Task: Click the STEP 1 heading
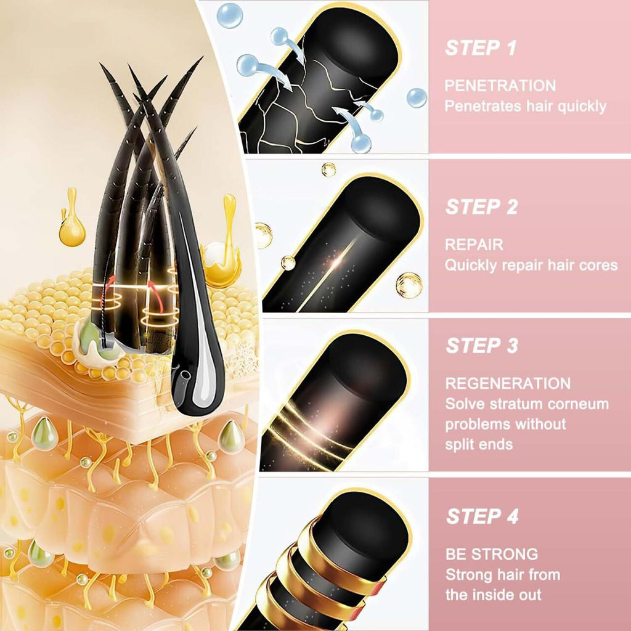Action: tap(481, 48)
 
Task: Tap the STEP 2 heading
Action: tap(481, 207)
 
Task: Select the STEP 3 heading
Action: tap(481, 346)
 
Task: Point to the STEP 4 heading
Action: tap(482, 516)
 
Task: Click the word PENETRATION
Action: tap(500, 86)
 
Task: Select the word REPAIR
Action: tap(474, 245)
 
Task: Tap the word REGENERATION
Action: tap(508, 383)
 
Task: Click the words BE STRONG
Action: tap(491, 554)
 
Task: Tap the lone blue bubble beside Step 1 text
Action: tap(417, 97)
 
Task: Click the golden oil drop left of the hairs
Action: tap(72, 228)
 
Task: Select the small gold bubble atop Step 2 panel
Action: tap(328, 169)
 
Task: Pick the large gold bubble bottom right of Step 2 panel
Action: tap(409, 285)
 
